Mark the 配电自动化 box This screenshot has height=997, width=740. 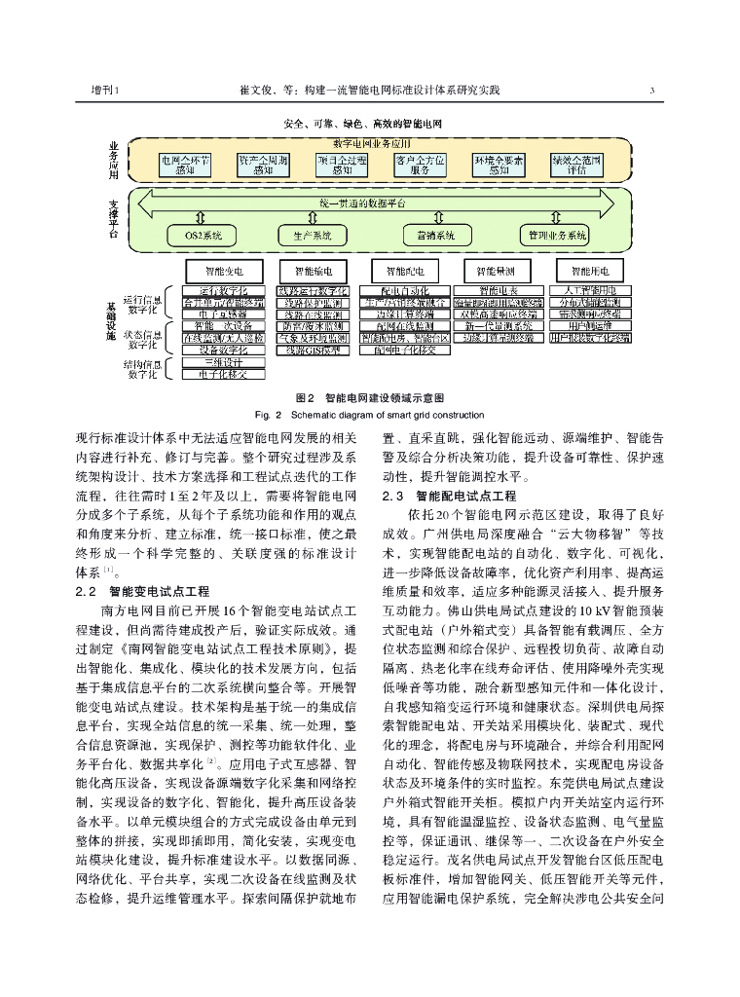(x=402, y=290)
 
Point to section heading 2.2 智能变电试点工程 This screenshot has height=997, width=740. (x=140, y=591)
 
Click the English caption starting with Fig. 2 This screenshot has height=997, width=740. (x=369, y=413)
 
